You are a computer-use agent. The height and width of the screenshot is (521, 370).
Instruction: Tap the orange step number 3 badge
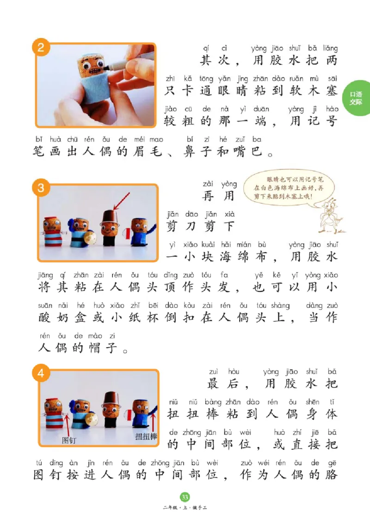coord(41,188)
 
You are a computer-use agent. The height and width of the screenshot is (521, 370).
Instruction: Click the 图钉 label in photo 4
coord(68,440)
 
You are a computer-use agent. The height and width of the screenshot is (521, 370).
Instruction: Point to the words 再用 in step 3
coord(218,196)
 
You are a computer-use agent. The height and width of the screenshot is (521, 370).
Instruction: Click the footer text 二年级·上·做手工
coord(185,509)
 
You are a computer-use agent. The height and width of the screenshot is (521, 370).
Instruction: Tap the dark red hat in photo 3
coord(109,216)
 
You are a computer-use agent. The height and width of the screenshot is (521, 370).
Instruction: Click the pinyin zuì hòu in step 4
coord(219,371)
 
